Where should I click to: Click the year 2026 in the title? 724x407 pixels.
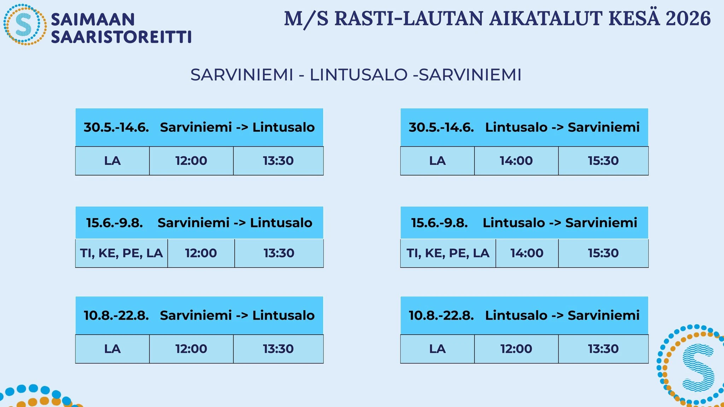point(688,19)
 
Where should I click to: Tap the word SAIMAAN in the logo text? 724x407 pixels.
point(93,19)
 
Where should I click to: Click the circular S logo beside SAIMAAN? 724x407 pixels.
point(25,24)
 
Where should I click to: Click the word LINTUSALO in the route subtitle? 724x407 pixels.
point(358,75)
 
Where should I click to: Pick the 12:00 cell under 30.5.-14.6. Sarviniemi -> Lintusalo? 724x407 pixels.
point(191,161)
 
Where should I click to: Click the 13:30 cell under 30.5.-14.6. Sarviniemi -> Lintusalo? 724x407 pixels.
point(278,161)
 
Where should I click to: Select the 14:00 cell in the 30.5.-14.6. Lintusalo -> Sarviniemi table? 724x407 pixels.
point(516,161)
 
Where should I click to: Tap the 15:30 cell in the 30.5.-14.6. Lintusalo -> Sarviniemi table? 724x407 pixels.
point(603,161)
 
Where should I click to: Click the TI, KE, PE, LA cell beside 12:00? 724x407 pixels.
point(121,253)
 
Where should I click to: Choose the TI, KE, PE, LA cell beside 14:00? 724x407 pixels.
point(448,253)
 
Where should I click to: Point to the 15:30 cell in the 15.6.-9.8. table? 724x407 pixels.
point(603,253)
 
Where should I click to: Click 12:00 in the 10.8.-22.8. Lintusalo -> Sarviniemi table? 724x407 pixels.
point(516,349)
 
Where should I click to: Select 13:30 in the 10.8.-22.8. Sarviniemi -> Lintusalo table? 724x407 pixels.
point(278,349)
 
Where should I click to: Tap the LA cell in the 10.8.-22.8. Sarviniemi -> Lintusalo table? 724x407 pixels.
point(112,349)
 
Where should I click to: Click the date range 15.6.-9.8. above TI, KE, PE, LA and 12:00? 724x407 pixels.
point(115,223)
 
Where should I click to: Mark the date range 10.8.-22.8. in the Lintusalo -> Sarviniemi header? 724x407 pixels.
point(441,315)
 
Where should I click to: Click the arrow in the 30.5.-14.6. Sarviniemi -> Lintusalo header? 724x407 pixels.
point(242,128)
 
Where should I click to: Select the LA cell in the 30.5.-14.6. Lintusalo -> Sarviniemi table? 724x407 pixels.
point(437,161)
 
